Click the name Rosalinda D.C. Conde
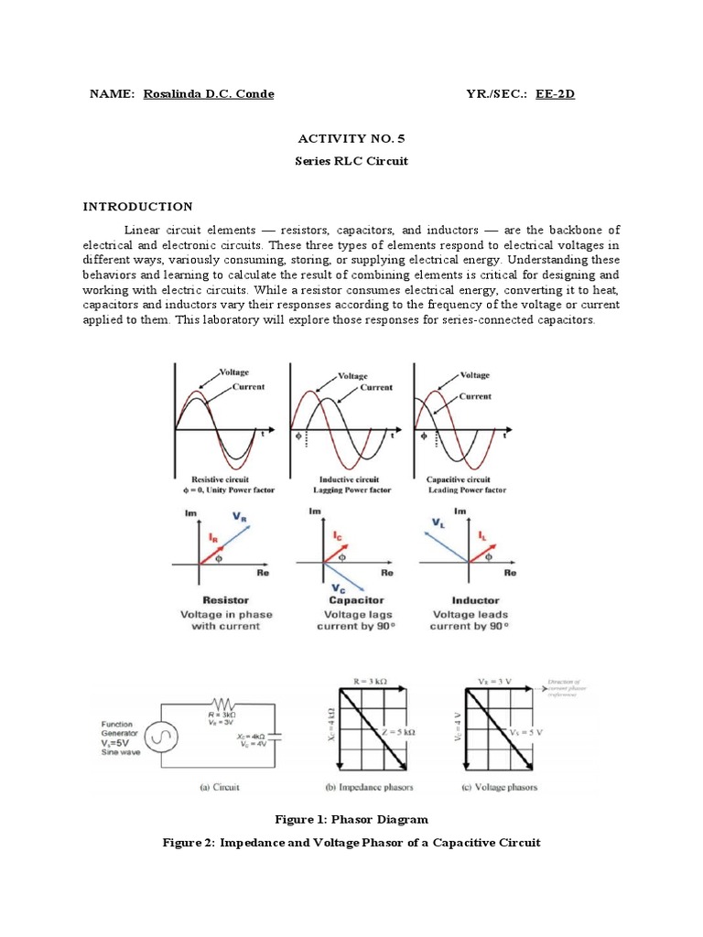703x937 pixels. [x=208, y=94]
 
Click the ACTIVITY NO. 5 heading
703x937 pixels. [x=351, y=138]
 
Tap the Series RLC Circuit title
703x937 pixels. [x=351, y=161]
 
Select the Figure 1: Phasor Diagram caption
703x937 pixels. [x=351, y=819]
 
